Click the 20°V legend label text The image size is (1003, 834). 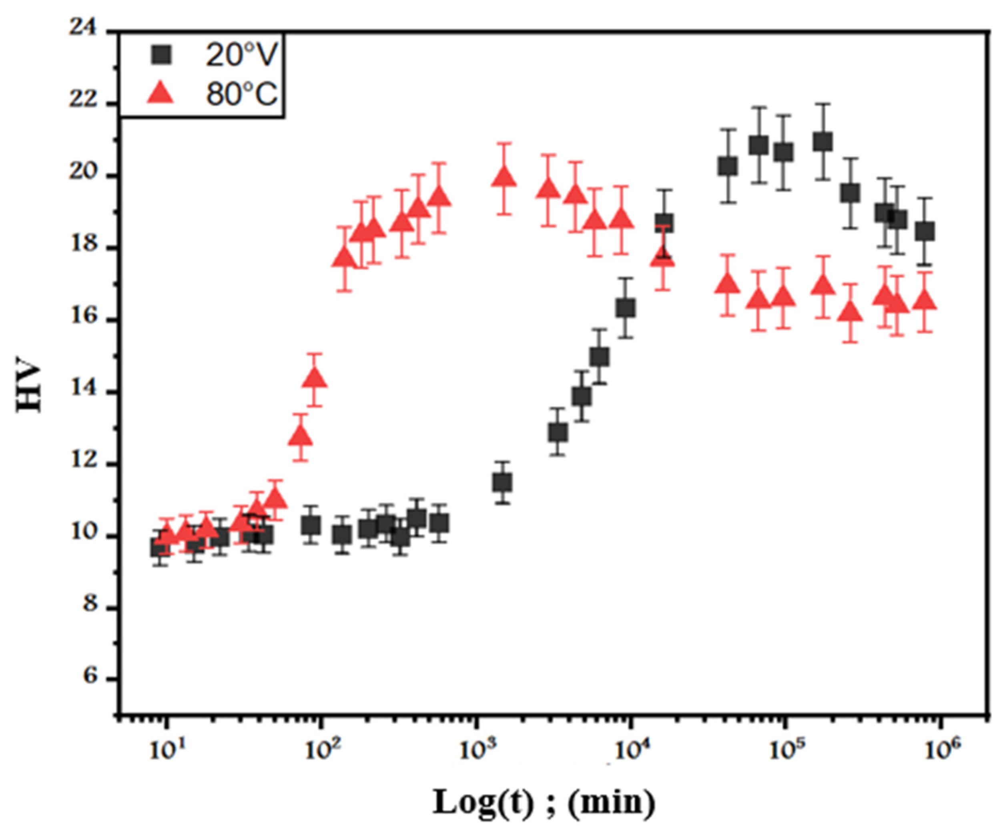click(x=241, y=56)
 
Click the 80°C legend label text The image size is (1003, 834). click(x=241, y=94)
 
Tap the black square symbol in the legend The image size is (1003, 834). click(x=161, y=56)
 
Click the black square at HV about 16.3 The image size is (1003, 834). click(x=626, y=308)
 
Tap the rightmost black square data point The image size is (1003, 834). click(x=925, y=232)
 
